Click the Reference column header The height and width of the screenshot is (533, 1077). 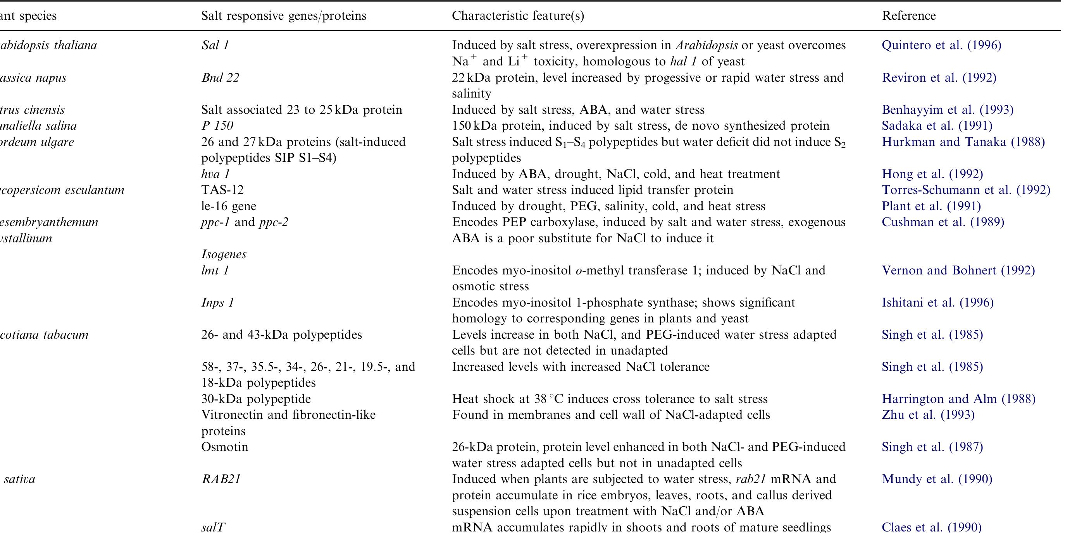(x=908, y=16)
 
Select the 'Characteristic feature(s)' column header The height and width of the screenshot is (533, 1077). (x=518, y=16)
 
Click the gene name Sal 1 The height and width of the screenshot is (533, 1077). (x=215, y=45)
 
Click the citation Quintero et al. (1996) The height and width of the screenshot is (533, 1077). (x=941, y=45)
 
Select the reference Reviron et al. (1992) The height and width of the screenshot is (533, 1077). (x=939, y=78)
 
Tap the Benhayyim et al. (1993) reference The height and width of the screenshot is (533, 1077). (x=948, y=110)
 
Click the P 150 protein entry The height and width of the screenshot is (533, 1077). (x=217, y=126)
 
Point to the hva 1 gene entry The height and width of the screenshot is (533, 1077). (x=215, y=174)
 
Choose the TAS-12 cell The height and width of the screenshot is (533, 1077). (x=222, y=190)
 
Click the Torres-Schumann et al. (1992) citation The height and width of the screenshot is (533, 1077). (x=966, y=190)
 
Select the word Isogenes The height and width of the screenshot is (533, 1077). (x=224, y=254)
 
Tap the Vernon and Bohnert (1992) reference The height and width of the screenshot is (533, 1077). (x=958, y=271)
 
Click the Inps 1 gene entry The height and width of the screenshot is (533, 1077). (x=217, y=302)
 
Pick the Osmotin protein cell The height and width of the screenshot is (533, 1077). (x=224, y=447)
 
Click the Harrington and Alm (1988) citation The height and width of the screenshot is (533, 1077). (x=958, y=399)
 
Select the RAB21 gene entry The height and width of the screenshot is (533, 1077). (x=221, y=479)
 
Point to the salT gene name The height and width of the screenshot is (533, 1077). (x=213, y=527)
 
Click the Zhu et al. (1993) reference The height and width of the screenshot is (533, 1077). (x=928, y=415)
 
